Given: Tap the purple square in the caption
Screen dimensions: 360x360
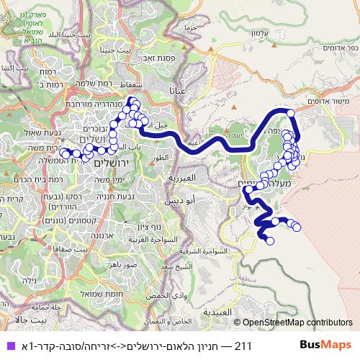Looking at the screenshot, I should pyautogui.click(x=8, y=346).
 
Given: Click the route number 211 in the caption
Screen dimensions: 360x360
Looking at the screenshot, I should pyautogui.click(x=242, y=346).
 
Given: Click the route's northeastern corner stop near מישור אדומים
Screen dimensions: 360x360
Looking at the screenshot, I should pyautogui.click(x=291, y=112).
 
